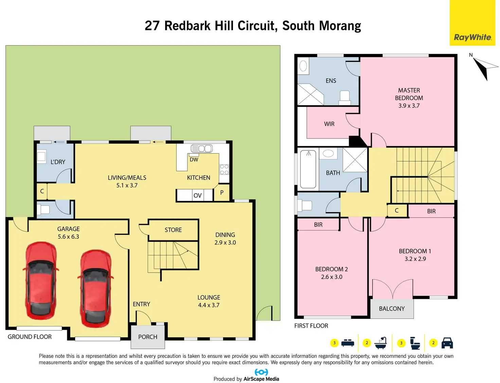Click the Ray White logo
[472, 37]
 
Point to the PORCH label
[148, 337]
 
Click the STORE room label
[173, 230]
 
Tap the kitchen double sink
[202, 148]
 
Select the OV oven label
[197, 196]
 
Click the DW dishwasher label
[194, 160]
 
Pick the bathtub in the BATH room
[308, 169]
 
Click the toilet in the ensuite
[345, 97]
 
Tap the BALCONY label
[392, 309]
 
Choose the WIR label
[329, 124]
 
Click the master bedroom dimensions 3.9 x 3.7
[409, 106]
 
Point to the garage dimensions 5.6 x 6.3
[68, 237]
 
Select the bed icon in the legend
[347, 343]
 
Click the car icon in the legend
[447, 343]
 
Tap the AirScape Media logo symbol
[261, 372]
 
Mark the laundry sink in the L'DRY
[41, 157]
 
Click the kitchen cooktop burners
[224, 169]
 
